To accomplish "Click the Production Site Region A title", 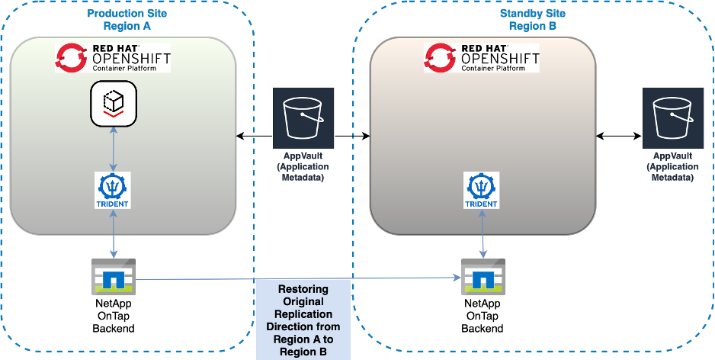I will [128, 20].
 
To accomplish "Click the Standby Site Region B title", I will [532, 20].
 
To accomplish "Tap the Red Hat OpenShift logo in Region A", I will [113, 57].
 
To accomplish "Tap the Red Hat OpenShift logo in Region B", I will [481, 57].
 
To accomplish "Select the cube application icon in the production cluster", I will [113, 103].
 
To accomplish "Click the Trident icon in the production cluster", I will [113, 190].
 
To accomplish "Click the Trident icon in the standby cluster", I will [481, 190].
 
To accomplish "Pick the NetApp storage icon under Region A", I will [113, 277].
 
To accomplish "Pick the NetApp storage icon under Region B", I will [482, 277].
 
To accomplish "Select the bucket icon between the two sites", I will [303, 117].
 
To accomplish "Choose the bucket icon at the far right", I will [672, 117].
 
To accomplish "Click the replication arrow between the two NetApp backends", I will [297, 279].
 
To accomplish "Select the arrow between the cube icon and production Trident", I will [113, 149].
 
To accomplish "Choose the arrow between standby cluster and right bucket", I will [618, 136].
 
